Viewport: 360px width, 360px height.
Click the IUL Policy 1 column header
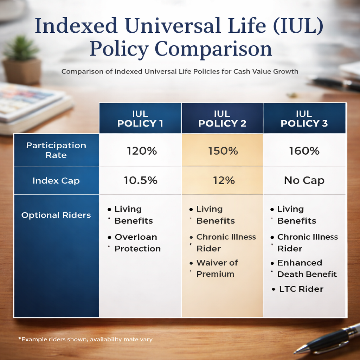pyautogui.click(x=140, y=118)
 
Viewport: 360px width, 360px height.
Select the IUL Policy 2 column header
pyautogui.click(x=222, y=118)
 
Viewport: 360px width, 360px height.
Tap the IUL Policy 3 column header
pyautogui.click(x=304, y=118)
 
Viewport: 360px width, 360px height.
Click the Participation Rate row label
pyautogui.click(x=56, y=150)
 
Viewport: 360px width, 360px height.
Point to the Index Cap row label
pyautogui.click(x=56, y=181)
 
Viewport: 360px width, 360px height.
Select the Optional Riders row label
pyautogui.click(x=56, y=215)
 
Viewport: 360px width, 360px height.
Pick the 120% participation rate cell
pyautogui.click(x=141, y=151)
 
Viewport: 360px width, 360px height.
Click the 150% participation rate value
pyautogui.click(x=223, y=151)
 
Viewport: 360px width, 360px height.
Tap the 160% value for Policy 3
pyautogui.click(x=304, y=151)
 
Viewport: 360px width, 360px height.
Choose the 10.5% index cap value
pyautogui.click(x=141, y=181)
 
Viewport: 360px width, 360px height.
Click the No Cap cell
pyautogui.click(x=304, y=181)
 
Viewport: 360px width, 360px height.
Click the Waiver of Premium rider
pyautogui.click(x=217, y=268)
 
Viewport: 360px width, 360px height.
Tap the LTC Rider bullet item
pyautogui.click(x=301, y=289)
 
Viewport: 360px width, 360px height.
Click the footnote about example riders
pyautogui.click(x=85, y=339)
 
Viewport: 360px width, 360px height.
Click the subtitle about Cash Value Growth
pyautogui.click(x=180, y=71)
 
